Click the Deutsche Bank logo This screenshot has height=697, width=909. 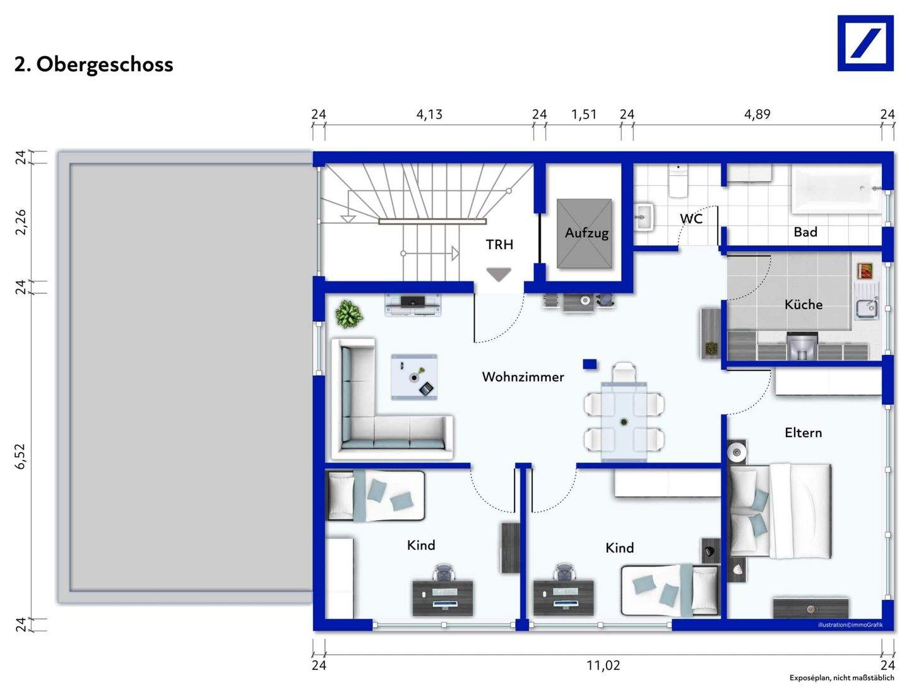(x=865, y=43)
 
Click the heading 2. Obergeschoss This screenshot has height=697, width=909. (x=93, y=64)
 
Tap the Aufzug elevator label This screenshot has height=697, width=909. (x=586, y=233)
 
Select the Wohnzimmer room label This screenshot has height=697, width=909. (x=523, y=377)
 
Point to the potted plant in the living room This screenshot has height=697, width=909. (x=348, y=313)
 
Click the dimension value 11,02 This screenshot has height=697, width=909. (x=603, y=665)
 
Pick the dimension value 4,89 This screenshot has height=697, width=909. (x=757, y=114)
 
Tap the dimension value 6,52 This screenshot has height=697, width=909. (x=21, y=455)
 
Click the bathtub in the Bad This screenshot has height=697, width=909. (x=836, y=189)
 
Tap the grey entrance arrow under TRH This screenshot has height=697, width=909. (x=498, y=274)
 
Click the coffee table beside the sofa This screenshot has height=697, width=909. (x=413, y=377)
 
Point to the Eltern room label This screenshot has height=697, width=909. (x=803, y=433)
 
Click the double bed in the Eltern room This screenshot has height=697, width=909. (x=780, y=511)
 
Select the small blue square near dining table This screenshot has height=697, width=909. (x=590, y=364)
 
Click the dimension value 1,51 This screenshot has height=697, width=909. (x=583, y=114)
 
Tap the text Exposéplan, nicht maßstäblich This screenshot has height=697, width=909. (x=841, y=678)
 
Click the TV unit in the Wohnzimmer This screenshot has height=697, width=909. (x=413, y=304)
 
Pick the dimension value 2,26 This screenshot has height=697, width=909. (x=21, y=222)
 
